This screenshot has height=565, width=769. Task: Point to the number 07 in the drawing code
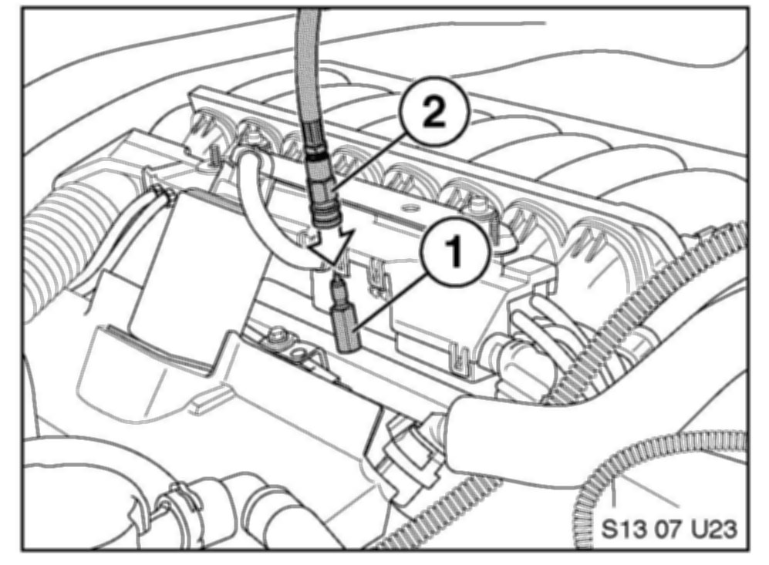click(x=668, y=530)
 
